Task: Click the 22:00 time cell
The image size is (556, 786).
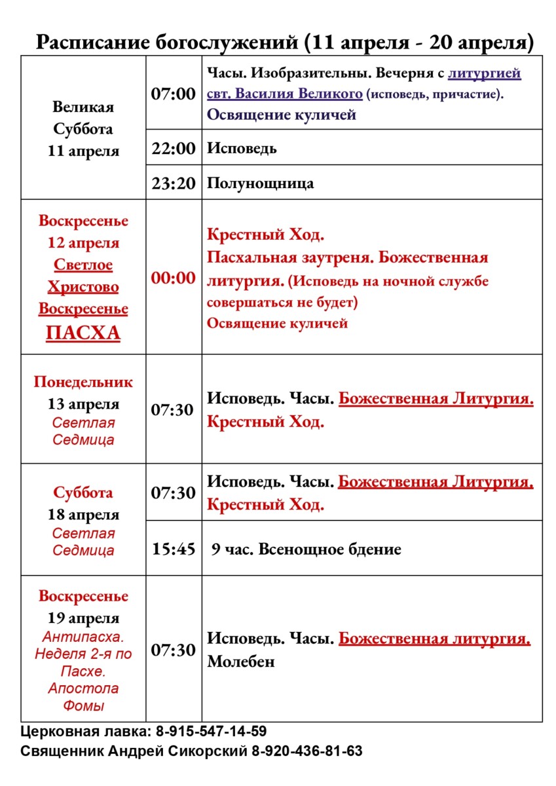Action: (x=174, y=148)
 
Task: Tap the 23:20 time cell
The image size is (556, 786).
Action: (x=174, y=183)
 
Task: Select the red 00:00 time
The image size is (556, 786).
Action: (x=174, y=278)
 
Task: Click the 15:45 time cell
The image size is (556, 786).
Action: (x=174, y=549)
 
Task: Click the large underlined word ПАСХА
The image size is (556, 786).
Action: (x=83, y=333)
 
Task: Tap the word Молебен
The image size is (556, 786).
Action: (x=241, y=662)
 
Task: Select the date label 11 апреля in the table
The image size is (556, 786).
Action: (x=83, y=151)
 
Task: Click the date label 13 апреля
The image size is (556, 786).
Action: (x=83, y=403)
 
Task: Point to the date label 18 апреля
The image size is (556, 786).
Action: (x=83, y=514)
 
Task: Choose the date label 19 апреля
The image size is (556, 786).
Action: (x=83, y=618)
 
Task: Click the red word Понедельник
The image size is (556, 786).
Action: (x=83, y=382)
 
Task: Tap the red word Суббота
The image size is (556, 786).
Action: (x=83, y=493)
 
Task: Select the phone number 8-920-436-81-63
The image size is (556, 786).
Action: (x=307, y=751)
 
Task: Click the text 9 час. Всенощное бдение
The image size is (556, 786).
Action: (x=306, y=549)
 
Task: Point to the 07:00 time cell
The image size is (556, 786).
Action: (x=174, y=94)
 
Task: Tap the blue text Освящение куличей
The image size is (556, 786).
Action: (x=282, y=115)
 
